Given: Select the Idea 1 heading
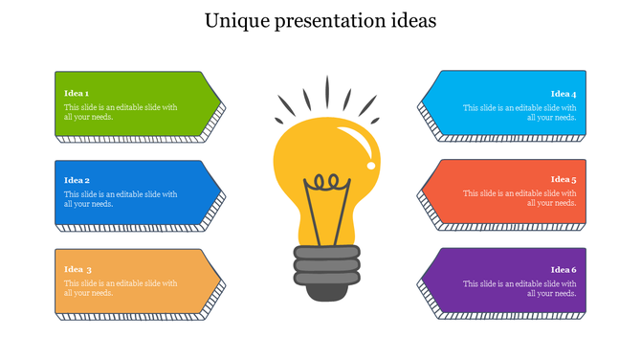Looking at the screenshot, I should (77, 93).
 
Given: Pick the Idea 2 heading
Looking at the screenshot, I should (77, 180).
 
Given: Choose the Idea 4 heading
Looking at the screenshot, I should (563, 94).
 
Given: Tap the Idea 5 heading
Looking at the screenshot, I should (563, 180).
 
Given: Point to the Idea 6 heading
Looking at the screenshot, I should (563, 269).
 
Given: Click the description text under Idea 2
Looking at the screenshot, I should (121, 199).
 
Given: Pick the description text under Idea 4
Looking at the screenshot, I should (519, 113).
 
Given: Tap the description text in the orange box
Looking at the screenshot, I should (121, 288).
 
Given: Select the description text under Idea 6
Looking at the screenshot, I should (519, 288).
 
